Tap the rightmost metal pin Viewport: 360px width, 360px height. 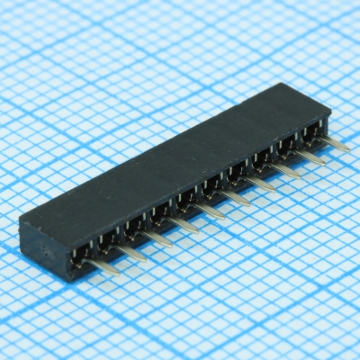coord(336,143)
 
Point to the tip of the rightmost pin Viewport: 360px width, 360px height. coord(347,148)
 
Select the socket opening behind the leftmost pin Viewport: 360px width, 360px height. coord(85,256)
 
